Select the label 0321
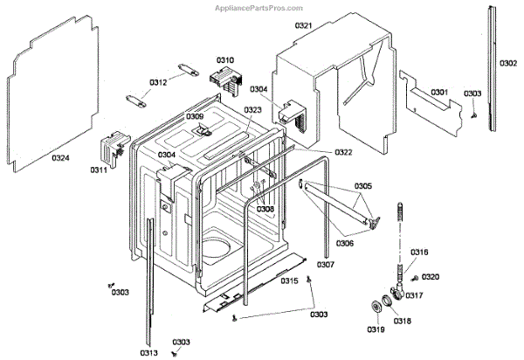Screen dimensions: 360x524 pos(303,26)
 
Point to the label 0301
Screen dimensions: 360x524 pos(438,92)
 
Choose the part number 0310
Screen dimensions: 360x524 pos(225,60)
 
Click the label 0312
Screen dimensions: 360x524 pos(157,83)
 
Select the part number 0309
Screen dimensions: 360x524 pos(194,116)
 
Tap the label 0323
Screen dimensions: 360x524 pos(252,110)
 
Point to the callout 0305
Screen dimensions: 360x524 pos(363,186)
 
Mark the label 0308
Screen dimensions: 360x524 pos(265,210)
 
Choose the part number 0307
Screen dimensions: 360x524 pos(326,264)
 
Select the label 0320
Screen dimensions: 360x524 pos(430,277)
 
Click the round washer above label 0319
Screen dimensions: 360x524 pos(378,305)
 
